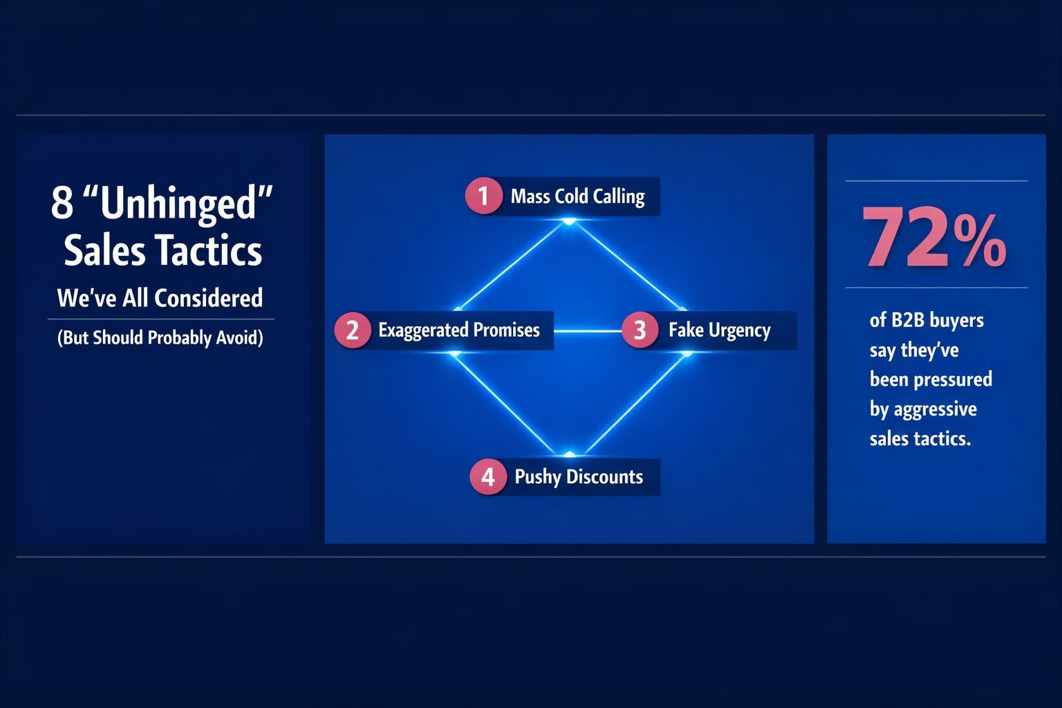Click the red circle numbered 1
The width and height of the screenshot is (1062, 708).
(x=483, y=196)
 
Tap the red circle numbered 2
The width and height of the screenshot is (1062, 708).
(x=353, y=330)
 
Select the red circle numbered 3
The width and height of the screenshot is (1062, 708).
(x=640, y=330)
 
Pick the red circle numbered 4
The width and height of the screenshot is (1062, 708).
(x=488, y=476)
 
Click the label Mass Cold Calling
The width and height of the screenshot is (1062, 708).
(x=577, y=196)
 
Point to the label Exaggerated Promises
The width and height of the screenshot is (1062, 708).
(x=458, y=330)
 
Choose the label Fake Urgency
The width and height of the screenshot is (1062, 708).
(x=719, y=330)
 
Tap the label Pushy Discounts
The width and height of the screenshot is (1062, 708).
(x=579, y=476)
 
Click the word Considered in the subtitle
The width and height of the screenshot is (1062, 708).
(x=208, y=298)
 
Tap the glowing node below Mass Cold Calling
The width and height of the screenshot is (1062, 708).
(x=569, y=221)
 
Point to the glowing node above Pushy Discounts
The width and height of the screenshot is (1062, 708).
(x=569, y=454)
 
